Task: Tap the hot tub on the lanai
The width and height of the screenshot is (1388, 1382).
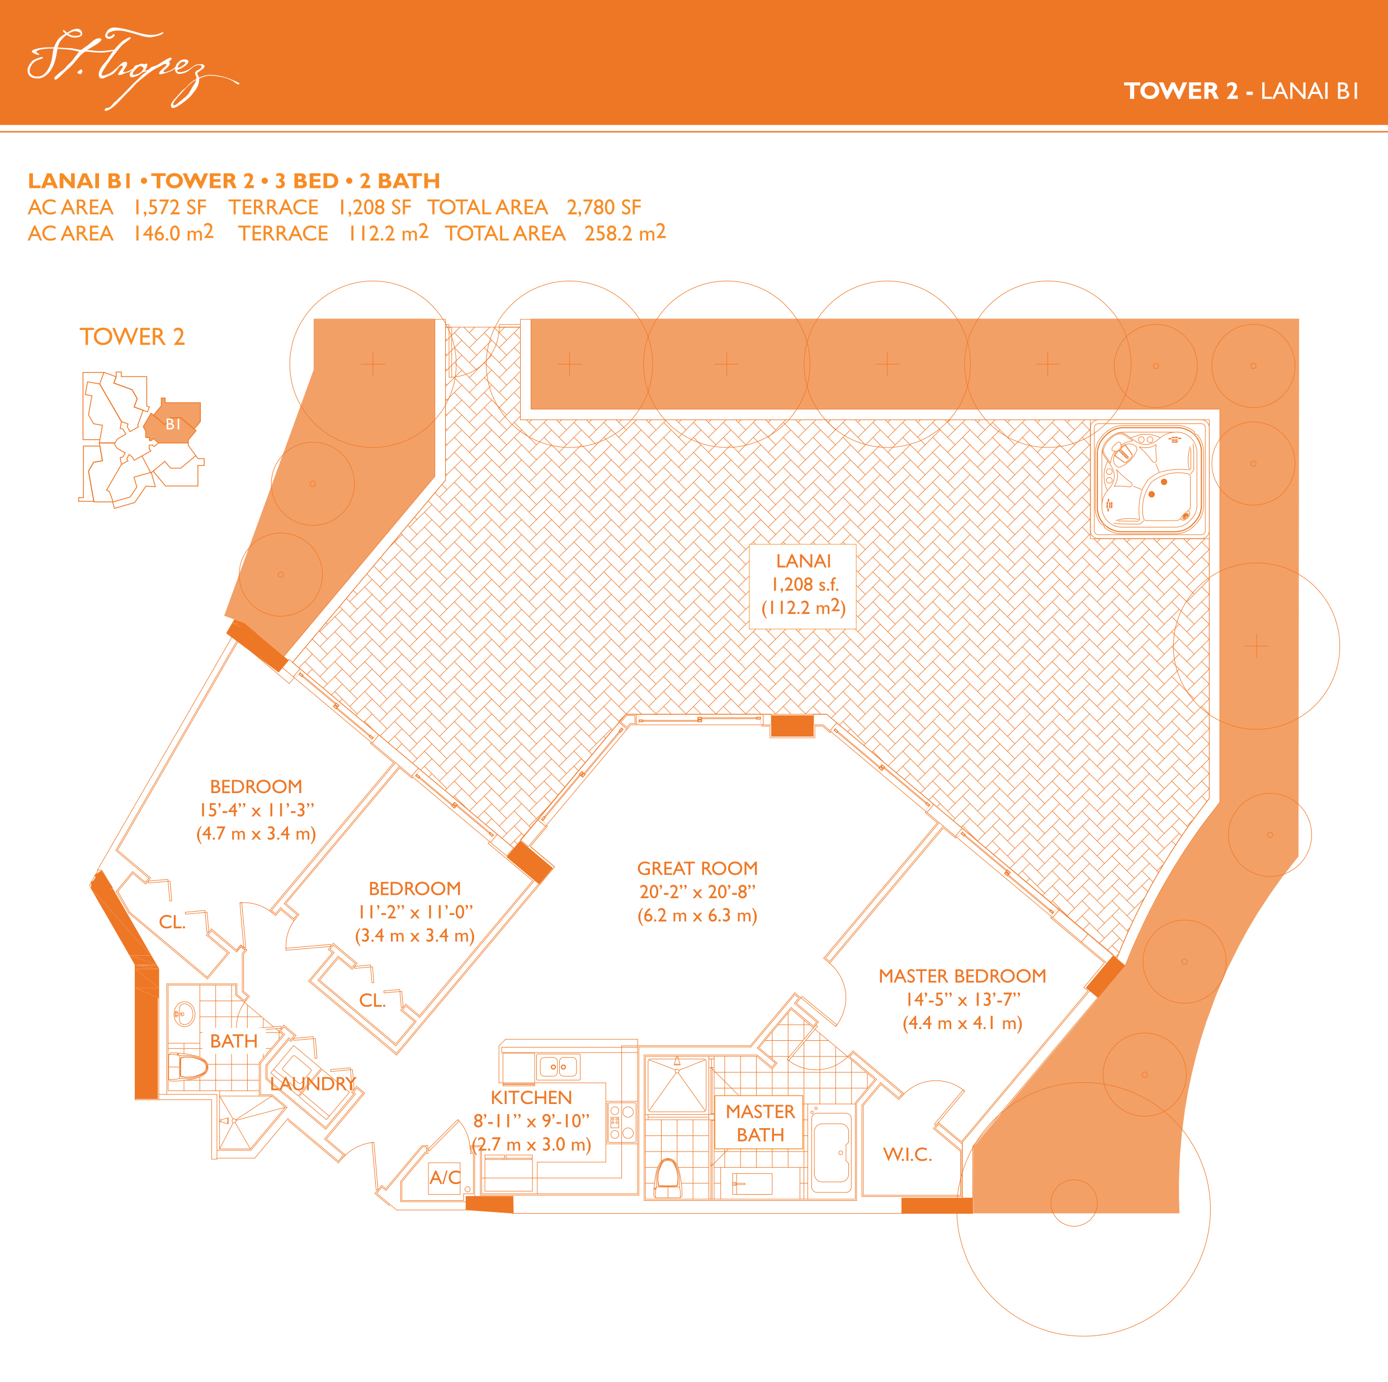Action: (x=1149, y=479)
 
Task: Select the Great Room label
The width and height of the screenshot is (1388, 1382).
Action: (x=697, y=868)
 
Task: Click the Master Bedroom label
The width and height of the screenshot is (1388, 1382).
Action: (x=962, y=976)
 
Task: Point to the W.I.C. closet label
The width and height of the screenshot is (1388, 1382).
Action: (x=908, y=1154)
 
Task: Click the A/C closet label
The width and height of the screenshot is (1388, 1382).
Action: (x=445, y=1177)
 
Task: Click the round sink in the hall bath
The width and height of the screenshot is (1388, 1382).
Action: (x=185, y=1015)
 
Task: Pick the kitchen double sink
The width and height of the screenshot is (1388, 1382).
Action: (x=558, y=1067)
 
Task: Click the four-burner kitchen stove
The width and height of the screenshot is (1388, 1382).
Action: (x=621, y=1122)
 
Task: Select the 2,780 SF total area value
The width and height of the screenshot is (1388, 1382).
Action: (x=603, y=207)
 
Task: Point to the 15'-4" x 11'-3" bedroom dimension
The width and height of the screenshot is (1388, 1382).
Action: (x=257, y=810)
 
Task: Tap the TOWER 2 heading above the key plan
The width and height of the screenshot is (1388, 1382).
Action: (x=132, y=336)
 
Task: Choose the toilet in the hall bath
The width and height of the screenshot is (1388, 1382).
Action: (x=188, y=1067)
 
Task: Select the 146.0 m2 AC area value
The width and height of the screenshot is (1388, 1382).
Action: (x=173, y=233)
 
